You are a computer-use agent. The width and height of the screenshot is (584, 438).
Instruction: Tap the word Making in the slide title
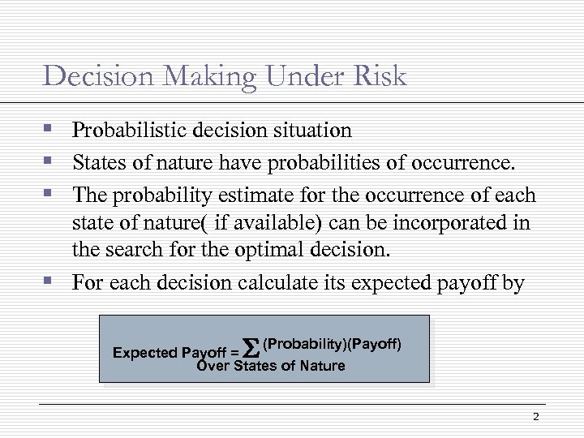coord(207,78)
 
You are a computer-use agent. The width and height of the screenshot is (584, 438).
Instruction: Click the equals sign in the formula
coord(234,353)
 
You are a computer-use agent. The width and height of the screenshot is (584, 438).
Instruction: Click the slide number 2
coord(535,417)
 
